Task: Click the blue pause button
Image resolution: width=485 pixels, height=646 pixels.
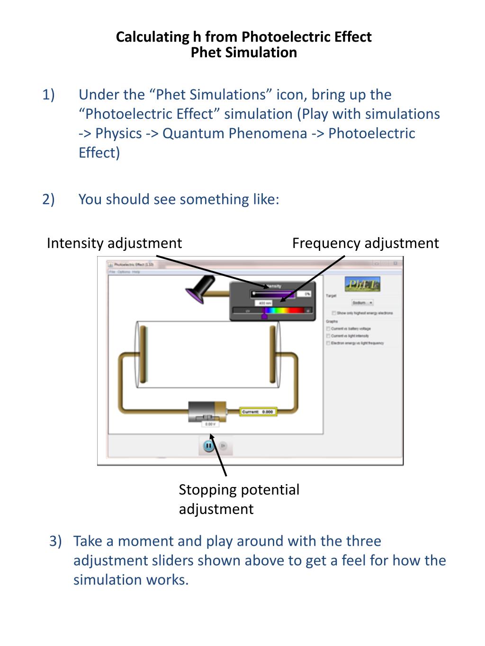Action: coord(208,445)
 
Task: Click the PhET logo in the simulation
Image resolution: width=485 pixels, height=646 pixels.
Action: coord(362,284)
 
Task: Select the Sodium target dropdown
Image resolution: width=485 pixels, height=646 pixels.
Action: coord(362,302)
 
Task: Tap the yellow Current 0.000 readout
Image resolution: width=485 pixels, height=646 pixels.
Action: coord(258,412)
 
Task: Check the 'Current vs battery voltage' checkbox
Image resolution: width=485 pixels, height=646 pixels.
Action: coord(328,328)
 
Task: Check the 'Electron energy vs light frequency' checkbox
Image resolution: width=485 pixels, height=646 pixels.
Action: coord(328,343)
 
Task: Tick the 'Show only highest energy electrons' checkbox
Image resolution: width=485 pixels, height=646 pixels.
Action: coord(334,313)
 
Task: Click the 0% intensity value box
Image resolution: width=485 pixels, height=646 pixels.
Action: coord(304,294)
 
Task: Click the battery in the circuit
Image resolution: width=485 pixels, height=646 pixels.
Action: coord(207,412)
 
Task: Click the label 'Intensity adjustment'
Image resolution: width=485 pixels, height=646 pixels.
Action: coord(114,243)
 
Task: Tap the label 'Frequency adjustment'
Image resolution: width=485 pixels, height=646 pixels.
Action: coord(365,243)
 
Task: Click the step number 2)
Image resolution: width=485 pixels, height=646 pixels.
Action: coord(48,199)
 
